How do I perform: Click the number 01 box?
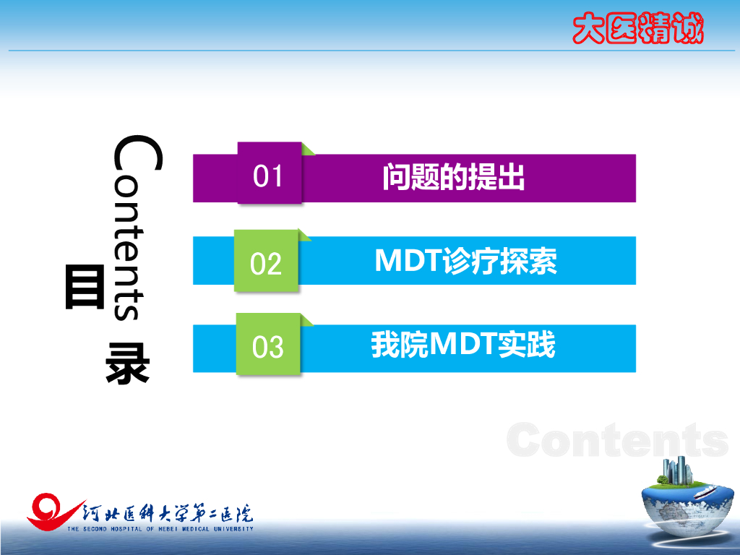270,173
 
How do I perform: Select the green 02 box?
266,260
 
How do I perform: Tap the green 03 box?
268,344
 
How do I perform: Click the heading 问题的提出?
454,177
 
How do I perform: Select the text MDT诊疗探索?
466,260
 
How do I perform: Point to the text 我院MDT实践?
463,344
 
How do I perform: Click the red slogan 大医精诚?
638,28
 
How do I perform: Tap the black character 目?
85,287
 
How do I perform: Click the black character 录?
127,363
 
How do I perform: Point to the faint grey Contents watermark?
617,439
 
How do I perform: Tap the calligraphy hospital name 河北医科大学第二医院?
168,514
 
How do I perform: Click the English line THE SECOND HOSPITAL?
160,529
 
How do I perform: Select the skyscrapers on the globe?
678,470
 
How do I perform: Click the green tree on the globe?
663,480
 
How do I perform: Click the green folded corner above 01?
308,149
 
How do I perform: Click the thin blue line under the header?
371,50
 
